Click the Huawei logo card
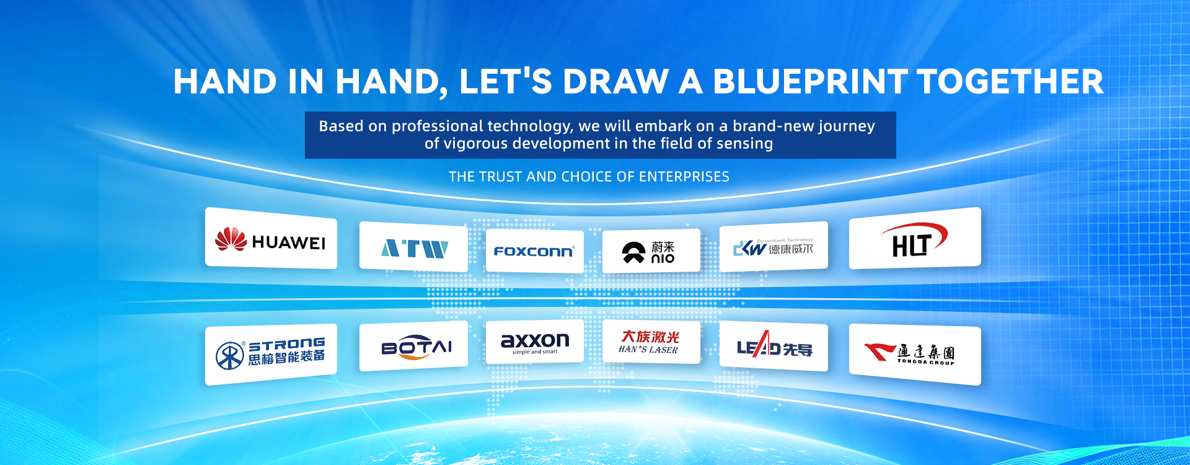[271, 238]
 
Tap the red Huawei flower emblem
[231, 239]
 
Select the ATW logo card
[413, 247]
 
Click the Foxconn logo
[534, 251]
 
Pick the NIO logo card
[651, 250]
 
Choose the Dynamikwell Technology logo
[773, 247]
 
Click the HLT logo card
[915, 238]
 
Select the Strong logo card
[271, 355]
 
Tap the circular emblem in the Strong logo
[230, 355]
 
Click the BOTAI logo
[416, 347]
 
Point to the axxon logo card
[535, 342]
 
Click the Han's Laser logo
[650, 342]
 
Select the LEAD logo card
[773, 347]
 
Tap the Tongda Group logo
[910, 353]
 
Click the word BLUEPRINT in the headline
[810, 82]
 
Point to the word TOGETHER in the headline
[1010, 82]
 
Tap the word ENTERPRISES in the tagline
[684, 177]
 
